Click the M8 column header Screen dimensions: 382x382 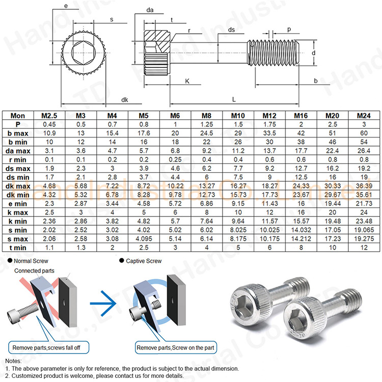tap(207, 116)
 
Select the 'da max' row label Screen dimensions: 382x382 tap(17, 151)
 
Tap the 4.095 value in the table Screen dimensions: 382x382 tap(144, 238)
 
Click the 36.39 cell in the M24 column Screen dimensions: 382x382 tap(363, 186)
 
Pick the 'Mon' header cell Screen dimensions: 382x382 tap(17, 116)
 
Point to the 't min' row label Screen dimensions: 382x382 tap(17, 248)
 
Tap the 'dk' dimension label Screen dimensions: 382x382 tap(124, 100)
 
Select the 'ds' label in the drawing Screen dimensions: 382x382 tap(231, 30)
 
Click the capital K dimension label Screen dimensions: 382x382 tap(187, 81)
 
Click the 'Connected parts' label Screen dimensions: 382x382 tap(34, 270)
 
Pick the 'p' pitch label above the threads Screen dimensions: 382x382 tap(289, 30)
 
